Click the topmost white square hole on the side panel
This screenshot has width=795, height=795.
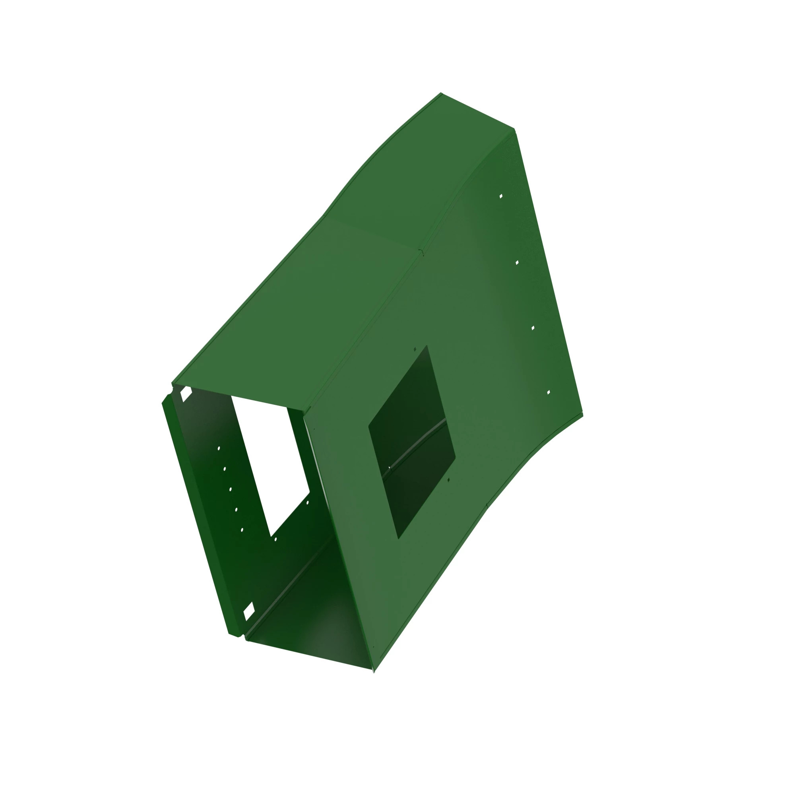coord(501,196)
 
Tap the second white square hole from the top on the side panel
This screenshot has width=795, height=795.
coord(517,262)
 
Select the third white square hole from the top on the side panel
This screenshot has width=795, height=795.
coord(533,328)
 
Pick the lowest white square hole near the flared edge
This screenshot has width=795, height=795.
coord(549,393)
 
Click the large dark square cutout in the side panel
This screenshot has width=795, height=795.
coord(411,442)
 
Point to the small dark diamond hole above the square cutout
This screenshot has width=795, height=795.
coord(415,349)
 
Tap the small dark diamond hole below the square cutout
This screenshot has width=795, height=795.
coord(448,480)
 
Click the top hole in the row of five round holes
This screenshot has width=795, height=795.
coord(219,448)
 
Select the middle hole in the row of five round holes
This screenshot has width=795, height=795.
coord(231,489)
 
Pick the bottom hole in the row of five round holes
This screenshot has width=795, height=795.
coord(242,530)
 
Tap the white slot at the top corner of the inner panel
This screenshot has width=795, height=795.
coord(186,394)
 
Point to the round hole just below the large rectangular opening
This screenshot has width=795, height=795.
coord(276,539)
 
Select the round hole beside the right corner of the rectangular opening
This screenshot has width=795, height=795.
coord(307,503)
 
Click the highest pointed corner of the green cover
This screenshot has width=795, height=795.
coord(441,93)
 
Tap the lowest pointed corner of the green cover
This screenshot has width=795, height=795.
coord(374,671)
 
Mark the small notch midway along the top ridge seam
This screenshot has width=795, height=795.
coord(421,252)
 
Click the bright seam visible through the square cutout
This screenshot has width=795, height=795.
coord(416,446)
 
